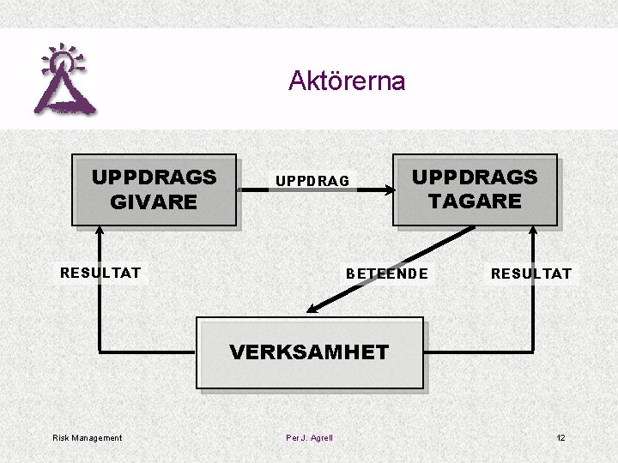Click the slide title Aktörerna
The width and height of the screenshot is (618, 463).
pyautogui.click(x=347, y=81)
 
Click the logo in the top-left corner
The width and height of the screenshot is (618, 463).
pyautogui.click(x=64, y=80)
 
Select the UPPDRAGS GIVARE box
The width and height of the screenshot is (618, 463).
pyautogui.click(x=154, y=189)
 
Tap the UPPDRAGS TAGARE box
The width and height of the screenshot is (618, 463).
pyautogui.click(x=475, y=189)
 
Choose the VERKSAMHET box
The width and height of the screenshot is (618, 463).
pyautogui.click(x=310, y=352)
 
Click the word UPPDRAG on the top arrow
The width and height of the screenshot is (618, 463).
pyautogui.click(x=312, y=181)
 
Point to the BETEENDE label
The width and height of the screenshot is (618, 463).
pyautogui.click(x=386, y=274)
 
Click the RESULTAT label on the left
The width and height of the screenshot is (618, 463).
pyautogui.click(x=100, y=274)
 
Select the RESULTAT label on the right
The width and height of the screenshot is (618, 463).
pyautogui.click(x=530, y=274)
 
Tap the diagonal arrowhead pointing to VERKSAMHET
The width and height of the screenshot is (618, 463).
pyautogui.click(x=312, y=310)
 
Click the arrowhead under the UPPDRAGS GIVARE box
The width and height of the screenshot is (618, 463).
pyautogui.click(x=100, y=231)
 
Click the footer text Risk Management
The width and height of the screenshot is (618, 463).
pyautogui.click(x=88, y=438)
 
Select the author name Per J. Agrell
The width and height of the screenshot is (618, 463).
pyautogui.click(x=309, y=438)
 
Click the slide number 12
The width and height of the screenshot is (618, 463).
pyautogui.click(x=560, y=438)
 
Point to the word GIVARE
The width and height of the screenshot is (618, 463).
pyautogui.click(x=154, y=202)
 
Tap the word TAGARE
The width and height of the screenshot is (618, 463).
pyautogui.click(x=475, y=201)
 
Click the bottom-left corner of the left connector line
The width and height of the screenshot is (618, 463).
pyautogui.click(x=100, y=352)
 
